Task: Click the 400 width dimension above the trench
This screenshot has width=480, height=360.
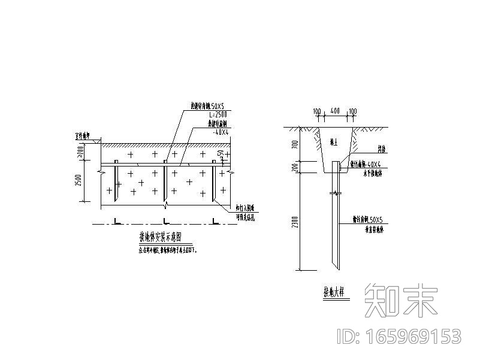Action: point(335,111)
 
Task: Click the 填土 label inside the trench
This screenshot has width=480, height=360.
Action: point(334,143)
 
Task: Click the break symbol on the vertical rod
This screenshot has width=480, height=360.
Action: point(336,193)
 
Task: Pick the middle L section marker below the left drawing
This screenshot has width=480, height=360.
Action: point(165,223)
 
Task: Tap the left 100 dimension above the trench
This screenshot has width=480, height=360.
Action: point(317,111)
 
